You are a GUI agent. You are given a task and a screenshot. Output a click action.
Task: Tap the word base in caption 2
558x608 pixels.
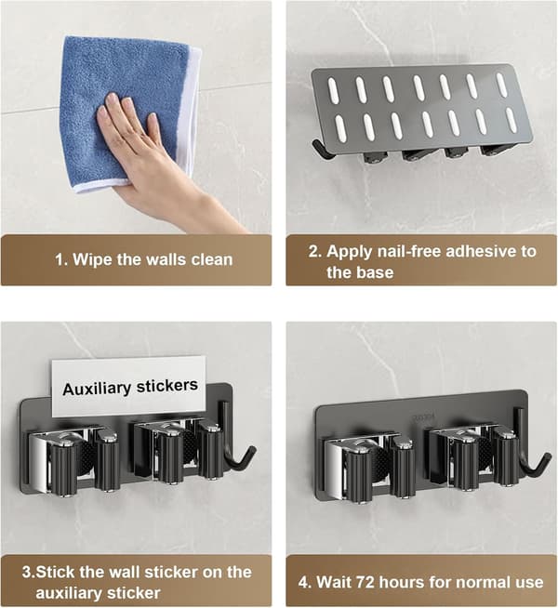376,272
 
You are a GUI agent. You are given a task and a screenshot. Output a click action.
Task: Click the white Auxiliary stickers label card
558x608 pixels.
129,386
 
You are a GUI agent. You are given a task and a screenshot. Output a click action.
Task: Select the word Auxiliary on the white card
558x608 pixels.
97,389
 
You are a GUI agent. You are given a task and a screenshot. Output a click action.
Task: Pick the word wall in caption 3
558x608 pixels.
125,573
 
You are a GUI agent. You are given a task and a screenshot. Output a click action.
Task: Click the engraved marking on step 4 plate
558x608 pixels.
423,418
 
